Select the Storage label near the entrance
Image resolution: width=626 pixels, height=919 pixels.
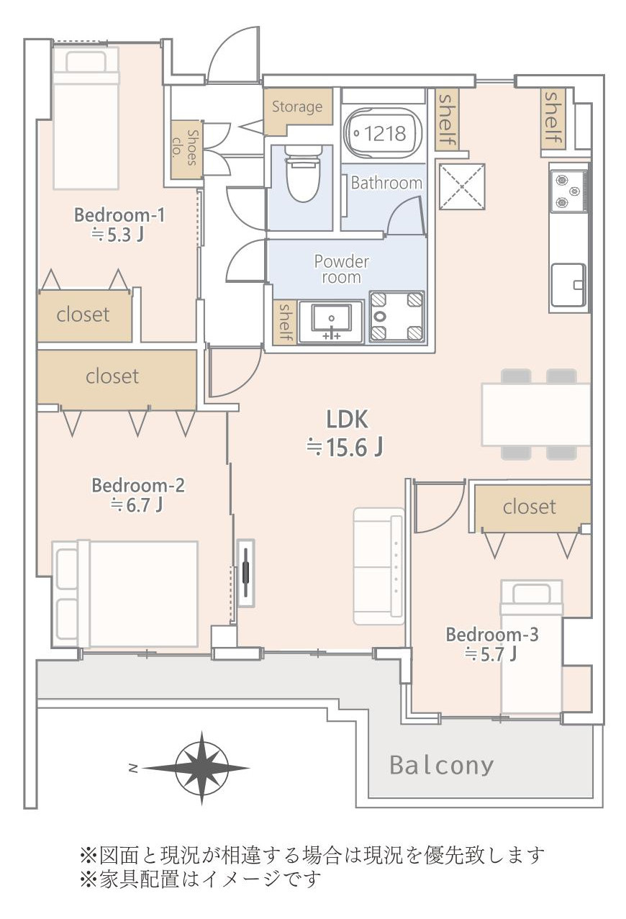pos(297,107)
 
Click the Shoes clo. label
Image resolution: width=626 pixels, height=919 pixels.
pos(186,147)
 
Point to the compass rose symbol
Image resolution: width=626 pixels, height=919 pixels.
pos(201,768)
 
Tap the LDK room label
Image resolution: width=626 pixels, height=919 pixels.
pos(347,420)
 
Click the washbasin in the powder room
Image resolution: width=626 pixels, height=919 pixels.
pos(331,322)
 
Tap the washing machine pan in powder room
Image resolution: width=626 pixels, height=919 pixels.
pos(396,317)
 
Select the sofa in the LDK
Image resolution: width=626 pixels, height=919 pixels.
pos(379,566)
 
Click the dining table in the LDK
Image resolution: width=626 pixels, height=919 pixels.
pos(536,414)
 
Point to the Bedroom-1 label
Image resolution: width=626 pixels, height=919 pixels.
pos(119,215)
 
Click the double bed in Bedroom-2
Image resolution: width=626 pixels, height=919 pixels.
pos(125,594)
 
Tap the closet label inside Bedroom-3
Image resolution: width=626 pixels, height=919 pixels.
pos(529,507)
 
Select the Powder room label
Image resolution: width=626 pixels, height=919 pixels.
pos(341,269)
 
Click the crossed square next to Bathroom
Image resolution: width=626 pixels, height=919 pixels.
pos(462,187)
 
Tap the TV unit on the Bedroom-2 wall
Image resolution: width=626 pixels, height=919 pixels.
pos(246,573)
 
